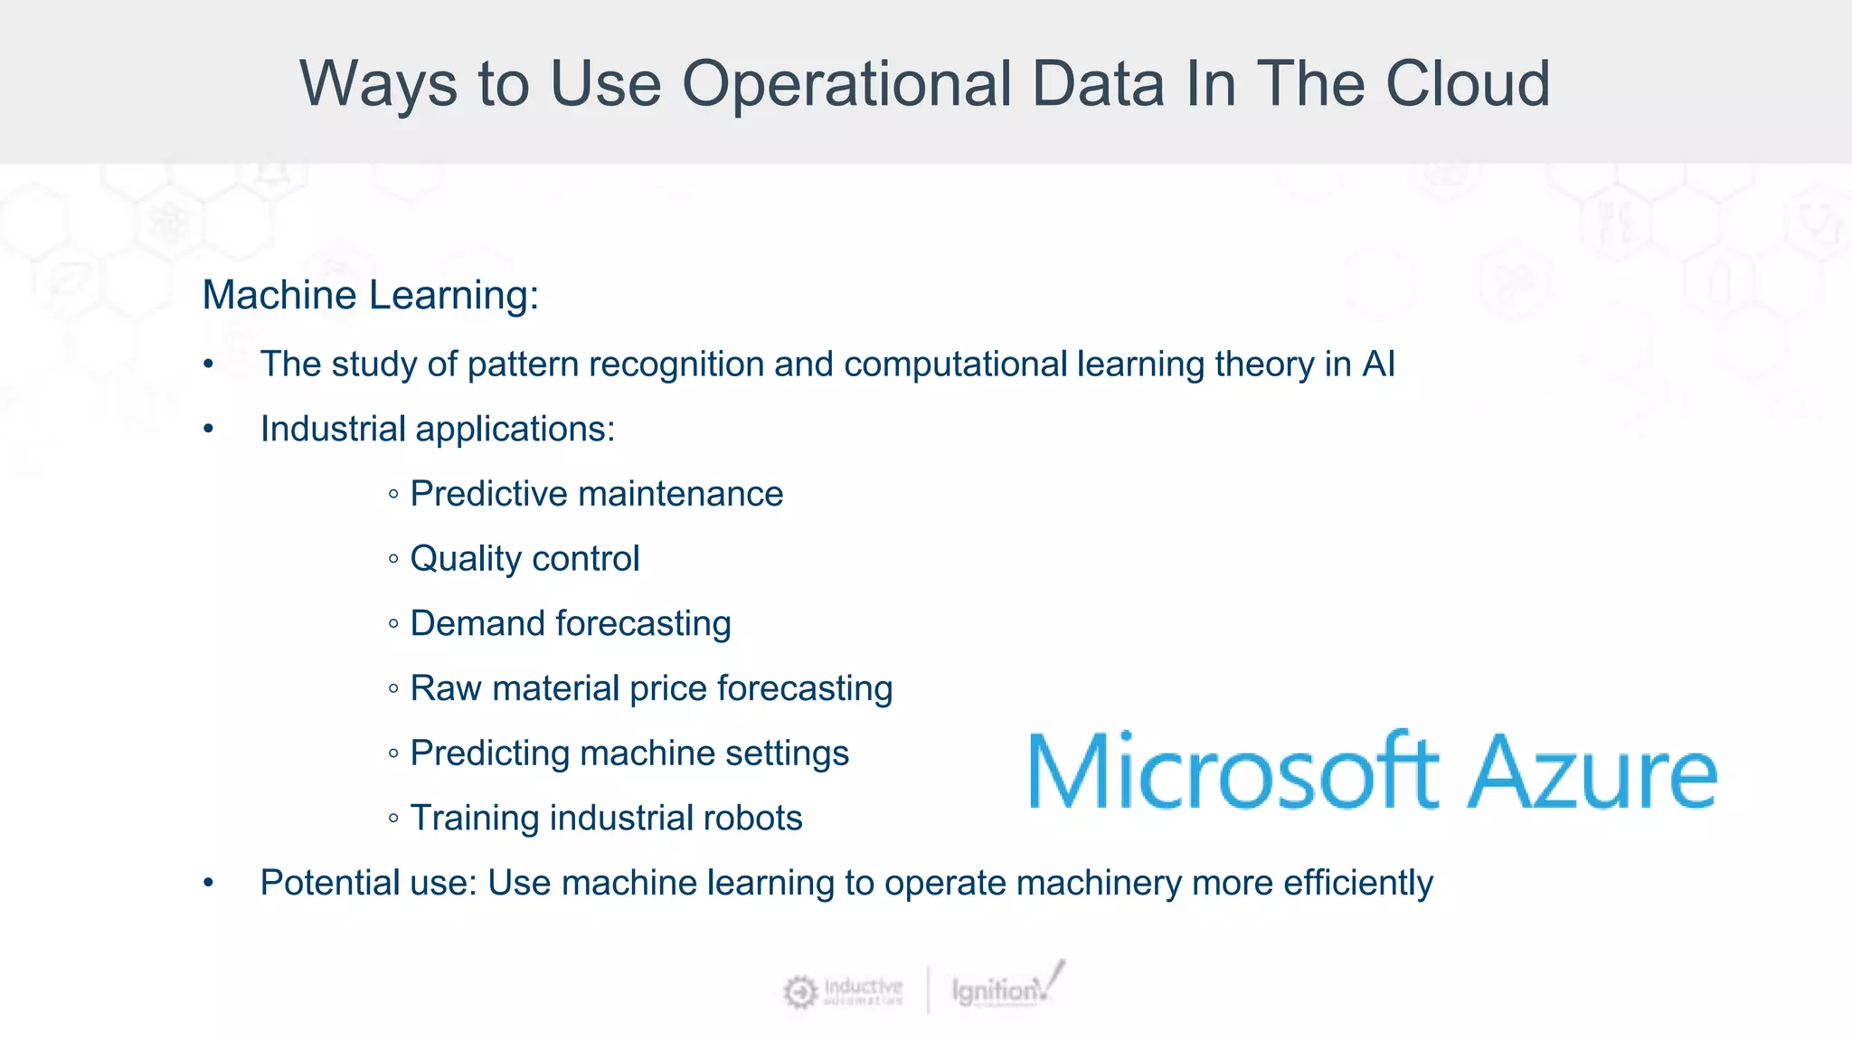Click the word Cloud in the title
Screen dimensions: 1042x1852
point(1467,83)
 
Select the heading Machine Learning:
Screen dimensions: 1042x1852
point(370,295)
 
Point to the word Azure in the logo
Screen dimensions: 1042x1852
point(1592,772)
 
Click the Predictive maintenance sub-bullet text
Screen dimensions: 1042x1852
point(596,494)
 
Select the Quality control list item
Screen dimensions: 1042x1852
point(524,558)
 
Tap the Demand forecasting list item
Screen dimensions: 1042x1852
point(570,623)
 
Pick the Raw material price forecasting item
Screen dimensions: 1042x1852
point(651,688)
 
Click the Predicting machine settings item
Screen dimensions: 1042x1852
point(629,753)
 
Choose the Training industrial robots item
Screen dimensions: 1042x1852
point(606,818)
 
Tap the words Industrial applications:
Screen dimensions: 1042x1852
point(438,429)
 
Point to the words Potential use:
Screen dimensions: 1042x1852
point(368,883)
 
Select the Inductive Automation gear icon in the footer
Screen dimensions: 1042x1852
point(799,991)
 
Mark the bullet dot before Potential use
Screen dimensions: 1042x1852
point(209,883)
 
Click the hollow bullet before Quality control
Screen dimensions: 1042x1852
point(393,559)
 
